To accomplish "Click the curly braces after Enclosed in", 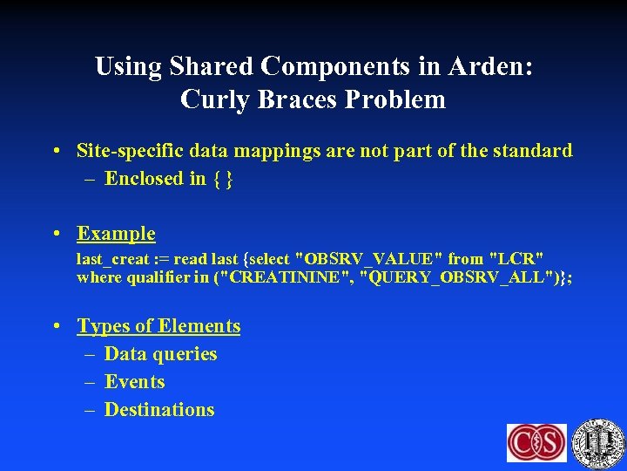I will (x=223, y=179).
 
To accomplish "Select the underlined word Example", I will (x=116, y=234).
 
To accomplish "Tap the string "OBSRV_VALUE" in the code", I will (x=370, y=259).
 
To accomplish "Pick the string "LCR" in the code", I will (x=517, y=259).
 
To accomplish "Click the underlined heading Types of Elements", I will (x=158, y=326).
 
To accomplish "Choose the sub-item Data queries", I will (x=160, y=354).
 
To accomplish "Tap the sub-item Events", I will (x=134, y=382).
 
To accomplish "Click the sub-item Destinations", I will (x=158, y=410).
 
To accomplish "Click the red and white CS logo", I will (x=536, y=442).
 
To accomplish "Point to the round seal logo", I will (x=598, y=442).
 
